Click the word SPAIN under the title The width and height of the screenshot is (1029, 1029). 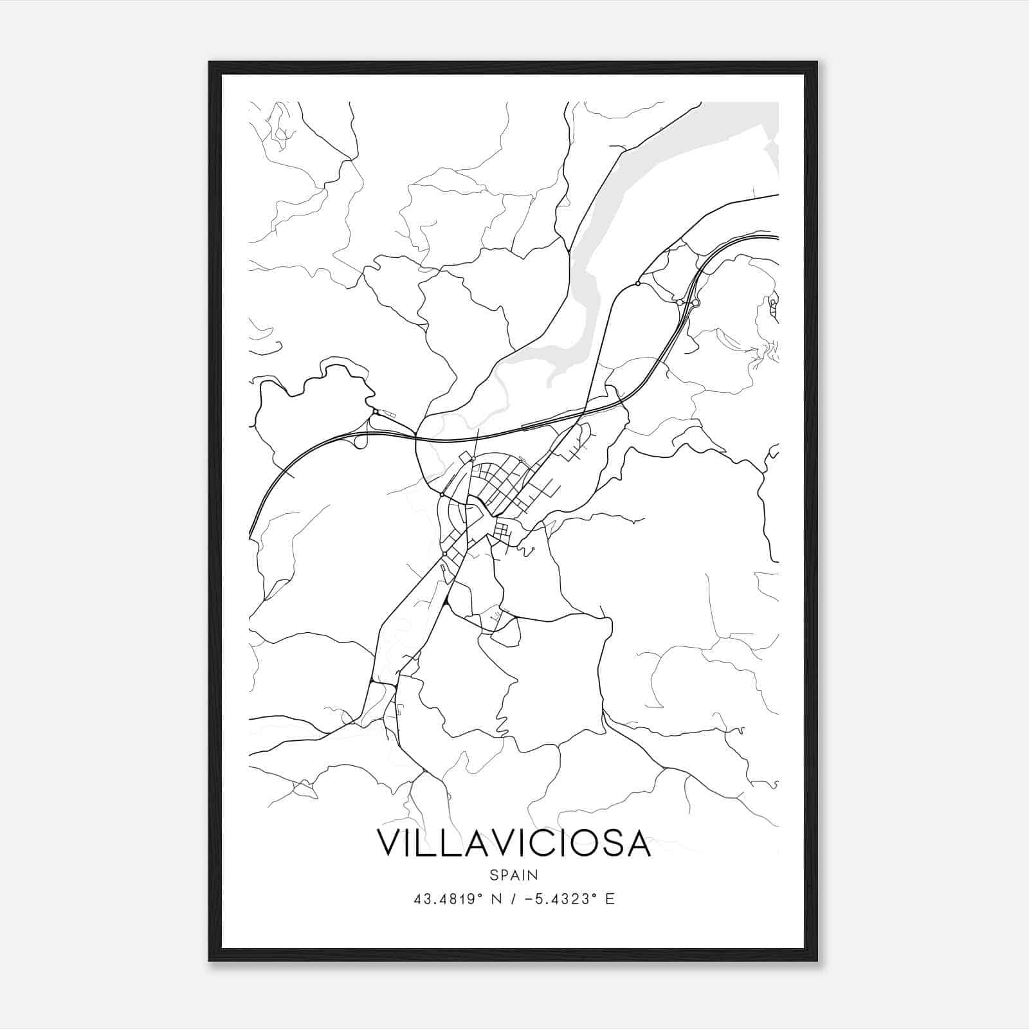[x=514, y=875]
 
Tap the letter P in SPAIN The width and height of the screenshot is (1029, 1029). [x=504, y=875]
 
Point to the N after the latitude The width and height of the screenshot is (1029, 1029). [x=495, y=898]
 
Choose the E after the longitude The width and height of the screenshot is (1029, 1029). [x=610, y=898]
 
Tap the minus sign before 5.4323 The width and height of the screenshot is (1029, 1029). [x=529, y=898]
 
